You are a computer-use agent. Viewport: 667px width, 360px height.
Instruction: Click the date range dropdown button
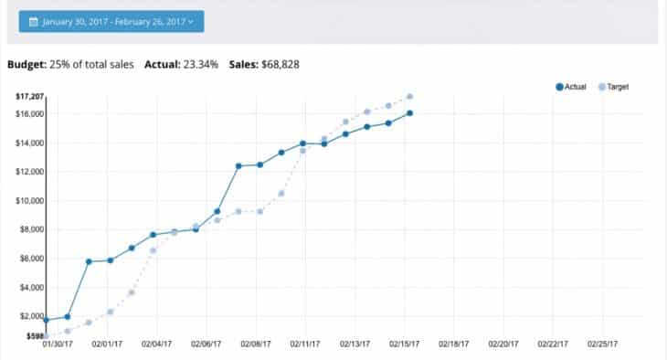pos(111,21)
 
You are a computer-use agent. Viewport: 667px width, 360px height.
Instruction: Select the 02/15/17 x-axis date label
pos(403,345)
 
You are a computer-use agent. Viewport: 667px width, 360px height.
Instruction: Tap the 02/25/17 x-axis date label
pos(601,345)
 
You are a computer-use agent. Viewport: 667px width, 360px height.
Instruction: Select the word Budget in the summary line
pos(26,65)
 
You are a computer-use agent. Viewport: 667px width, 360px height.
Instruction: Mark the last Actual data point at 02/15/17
pos(410,113)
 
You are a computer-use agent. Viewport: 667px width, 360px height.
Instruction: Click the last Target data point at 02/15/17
pos(410,96)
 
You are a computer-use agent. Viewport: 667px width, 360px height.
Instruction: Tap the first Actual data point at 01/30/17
pos(46,320)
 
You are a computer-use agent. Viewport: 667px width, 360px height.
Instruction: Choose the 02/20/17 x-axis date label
pos(503,345)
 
